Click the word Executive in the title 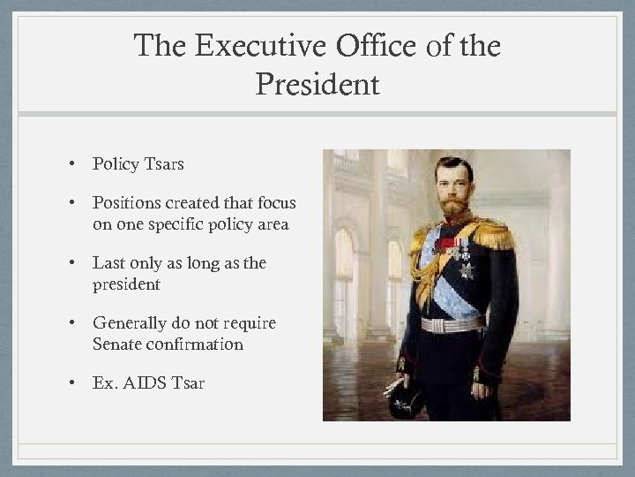click(x=240, y=48)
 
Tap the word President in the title click(x=317, y=85)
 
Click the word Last click(x=109, y=264)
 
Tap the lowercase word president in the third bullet click(x=129, y=284)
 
